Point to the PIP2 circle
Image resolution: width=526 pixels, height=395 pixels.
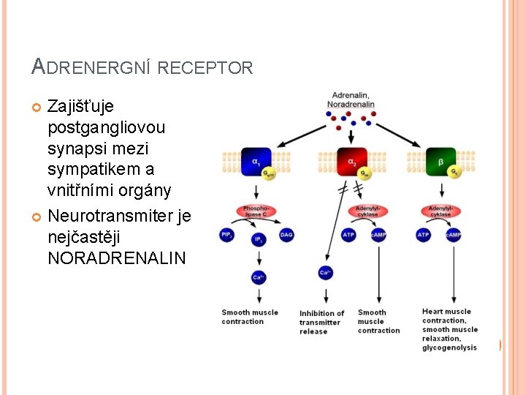(x=227, y=235)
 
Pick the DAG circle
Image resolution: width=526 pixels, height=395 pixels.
(x=286, y=235)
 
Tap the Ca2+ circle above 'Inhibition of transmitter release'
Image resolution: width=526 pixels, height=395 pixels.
(x=326, y=273)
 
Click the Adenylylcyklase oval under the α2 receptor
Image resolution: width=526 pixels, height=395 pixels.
(x=367, y=211)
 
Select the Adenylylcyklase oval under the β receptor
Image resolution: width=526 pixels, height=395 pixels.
(x=440, y=211)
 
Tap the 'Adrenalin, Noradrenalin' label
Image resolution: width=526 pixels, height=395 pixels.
(x=351, y=99)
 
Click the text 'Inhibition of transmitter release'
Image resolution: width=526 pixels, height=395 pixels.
(x=321, y=322)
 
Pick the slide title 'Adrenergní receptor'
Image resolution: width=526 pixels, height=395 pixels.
(x=142, y=67)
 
